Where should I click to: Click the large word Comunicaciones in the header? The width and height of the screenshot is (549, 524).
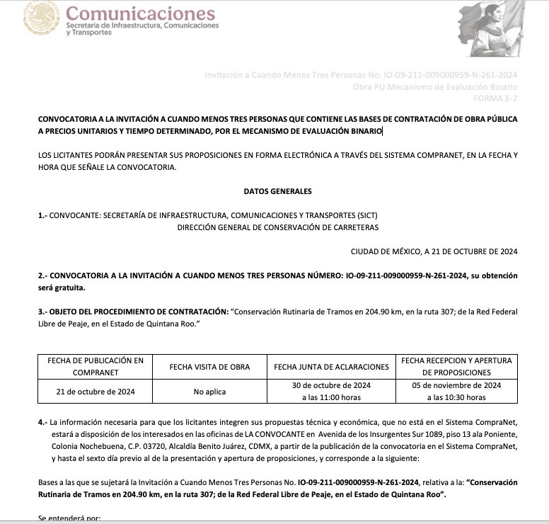[140, 13]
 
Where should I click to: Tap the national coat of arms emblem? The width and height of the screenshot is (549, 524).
[41, 18]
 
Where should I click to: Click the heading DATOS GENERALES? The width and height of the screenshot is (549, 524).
[277, 191]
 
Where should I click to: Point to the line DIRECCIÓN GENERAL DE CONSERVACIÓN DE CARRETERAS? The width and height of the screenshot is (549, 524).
[277, 227]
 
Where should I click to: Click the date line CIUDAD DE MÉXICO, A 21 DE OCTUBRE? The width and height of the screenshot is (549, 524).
[434, 251]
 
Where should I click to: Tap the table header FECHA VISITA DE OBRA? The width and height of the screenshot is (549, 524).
[210, 367]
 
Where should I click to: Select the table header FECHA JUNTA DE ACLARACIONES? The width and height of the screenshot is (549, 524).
[331, 367]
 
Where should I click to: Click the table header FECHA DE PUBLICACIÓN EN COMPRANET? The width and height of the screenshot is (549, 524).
[96, 367]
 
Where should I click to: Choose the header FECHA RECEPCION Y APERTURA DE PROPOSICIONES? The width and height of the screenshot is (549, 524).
[456, 367]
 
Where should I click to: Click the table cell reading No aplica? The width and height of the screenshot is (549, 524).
[209, 391]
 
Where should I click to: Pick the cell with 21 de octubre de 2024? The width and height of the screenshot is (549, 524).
[96, 391]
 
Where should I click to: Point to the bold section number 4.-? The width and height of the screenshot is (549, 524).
[42, 422]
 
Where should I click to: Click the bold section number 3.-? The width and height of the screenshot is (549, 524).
[42, 312]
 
